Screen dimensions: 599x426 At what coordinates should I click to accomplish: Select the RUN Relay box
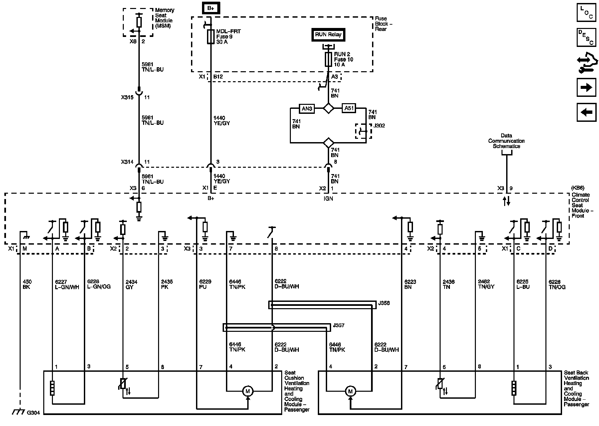pos(328,35)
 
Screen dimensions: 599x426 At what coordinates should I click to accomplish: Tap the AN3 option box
pos(306,108)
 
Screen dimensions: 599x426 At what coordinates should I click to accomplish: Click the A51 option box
pos(349,108)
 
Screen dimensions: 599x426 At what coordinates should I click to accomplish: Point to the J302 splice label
pos(379,126)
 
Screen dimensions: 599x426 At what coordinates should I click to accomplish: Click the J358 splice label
pos(384,303)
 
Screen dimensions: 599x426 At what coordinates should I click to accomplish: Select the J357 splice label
pos(338,325)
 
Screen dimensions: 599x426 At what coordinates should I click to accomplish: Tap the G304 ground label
pos(33,413)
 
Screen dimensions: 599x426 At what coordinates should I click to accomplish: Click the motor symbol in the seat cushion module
pos(248,391)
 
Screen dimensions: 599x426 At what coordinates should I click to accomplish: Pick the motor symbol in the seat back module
pos(350,391)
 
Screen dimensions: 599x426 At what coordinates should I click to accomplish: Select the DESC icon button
pos(586,37)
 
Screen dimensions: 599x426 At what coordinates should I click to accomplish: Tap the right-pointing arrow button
pos(586,88)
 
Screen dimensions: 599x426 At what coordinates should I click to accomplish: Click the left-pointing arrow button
pos(586,112)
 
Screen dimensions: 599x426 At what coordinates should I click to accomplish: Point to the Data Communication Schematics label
pos(506,141)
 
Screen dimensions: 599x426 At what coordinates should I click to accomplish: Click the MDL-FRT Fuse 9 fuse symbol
pos(211,37)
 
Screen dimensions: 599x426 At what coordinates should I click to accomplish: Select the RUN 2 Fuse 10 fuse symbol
pos(328,59)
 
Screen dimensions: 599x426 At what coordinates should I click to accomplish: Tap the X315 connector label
pos(127,98)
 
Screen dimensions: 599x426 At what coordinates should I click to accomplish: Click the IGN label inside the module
pos(328,198)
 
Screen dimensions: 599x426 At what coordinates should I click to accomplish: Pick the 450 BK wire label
pos(27,284)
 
